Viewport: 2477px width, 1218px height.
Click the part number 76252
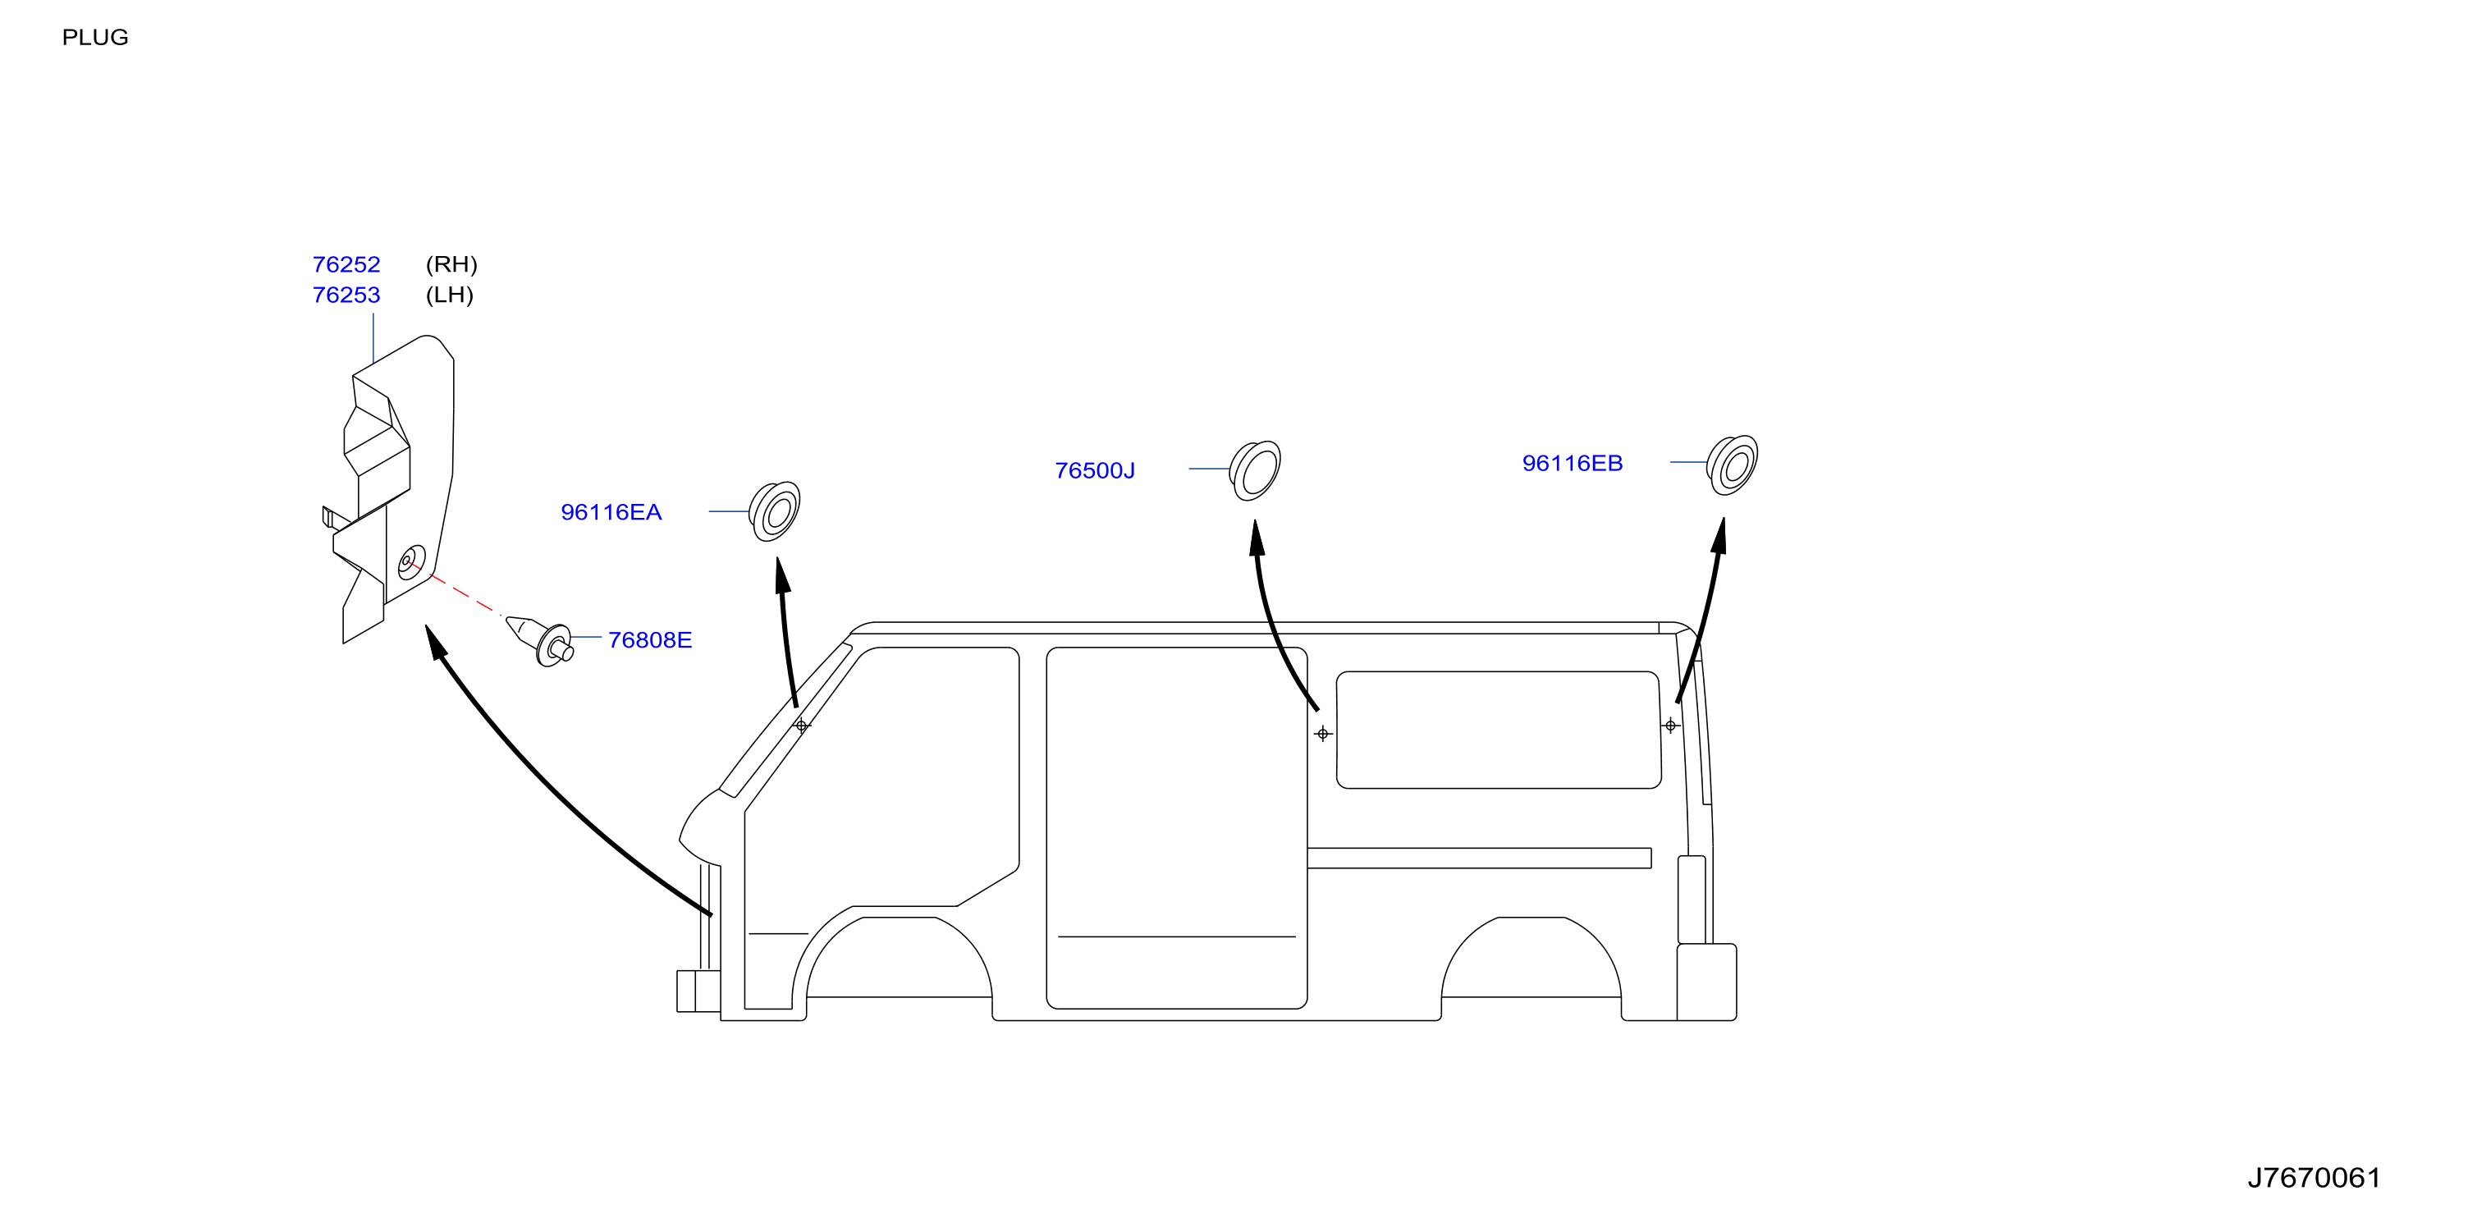coord(346,264)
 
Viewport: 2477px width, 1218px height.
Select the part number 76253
coord(346,295)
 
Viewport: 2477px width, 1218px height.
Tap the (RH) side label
coord(451,264)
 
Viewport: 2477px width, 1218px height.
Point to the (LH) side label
coord(449,295)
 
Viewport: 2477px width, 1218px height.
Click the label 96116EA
coord(611,512)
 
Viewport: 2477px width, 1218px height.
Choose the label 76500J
coord(1095,471)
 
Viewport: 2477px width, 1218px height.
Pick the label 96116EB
coord(1573,464)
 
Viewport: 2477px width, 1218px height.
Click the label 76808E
coord(650,640)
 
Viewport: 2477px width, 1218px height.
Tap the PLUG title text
coord(95,38)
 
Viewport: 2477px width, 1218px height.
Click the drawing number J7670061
coord(2314,1178)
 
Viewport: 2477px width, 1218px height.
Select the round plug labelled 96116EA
coord(775,511)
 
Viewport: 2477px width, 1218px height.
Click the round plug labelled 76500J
coord(1256,470)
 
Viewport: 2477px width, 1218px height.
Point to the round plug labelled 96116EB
coord(1732,465)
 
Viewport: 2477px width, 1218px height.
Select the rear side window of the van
coord(1498,730)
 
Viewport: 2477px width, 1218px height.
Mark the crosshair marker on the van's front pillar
coord(802,725)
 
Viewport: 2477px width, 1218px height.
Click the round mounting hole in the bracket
coord(411,562)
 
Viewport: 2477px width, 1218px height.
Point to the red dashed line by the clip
coord(465,594)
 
